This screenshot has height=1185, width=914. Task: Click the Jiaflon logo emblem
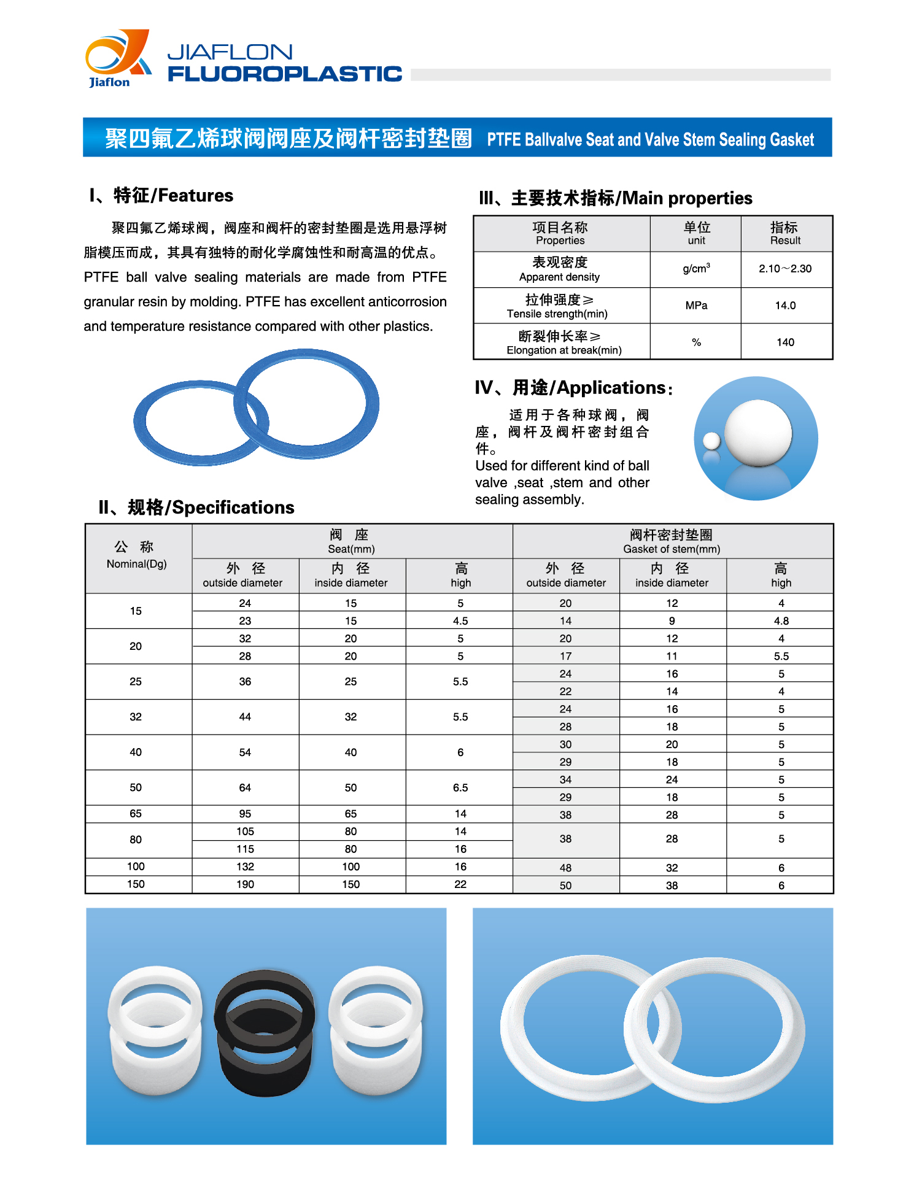(x=117, y=57)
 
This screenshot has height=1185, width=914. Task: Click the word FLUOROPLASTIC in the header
(x=285, y=74)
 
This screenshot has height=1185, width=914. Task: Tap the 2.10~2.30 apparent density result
(x=785, y=269)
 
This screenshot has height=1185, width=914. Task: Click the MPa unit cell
(x=696, y=306)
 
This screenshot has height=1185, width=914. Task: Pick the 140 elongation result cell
(x=785, y=342)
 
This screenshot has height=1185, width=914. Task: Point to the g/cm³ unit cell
(x=696, y=269)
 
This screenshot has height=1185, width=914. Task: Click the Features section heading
(x=162, y=196)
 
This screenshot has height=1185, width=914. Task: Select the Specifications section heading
(x=196, y=508)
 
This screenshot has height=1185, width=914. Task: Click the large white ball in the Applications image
(x=758, y=433)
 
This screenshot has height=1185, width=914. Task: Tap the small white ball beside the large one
(x=711, y=441)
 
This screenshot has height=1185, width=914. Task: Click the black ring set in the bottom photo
(x=265, y=1031)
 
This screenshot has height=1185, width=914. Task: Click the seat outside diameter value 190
(x=245, y=884)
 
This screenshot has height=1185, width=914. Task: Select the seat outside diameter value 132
(x=245, y=867)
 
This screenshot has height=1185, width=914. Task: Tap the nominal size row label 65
(x=136, y=814)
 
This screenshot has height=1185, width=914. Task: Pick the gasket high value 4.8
(x=781, y=621)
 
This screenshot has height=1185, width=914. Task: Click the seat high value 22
(x=460, y=884)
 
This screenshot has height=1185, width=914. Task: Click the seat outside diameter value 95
(x=245, y=814)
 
